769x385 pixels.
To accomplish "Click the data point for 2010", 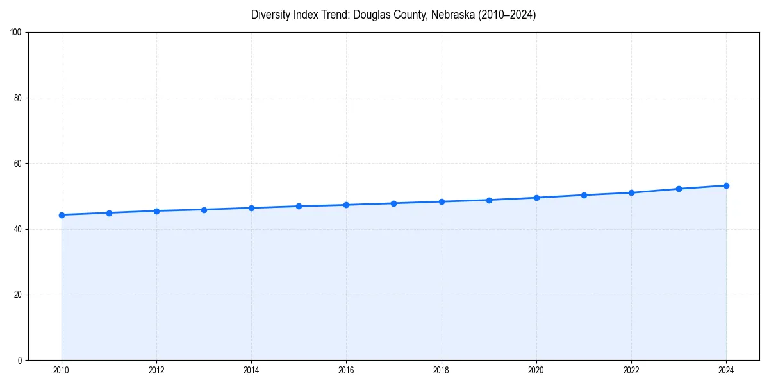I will click(62, 215).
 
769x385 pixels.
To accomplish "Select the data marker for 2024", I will click(726, 185).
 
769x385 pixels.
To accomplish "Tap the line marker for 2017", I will click(393, 203).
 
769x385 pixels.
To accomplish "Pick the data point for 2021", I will click(584, 195).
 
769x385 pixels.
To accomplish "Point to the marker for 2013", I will click(204, 210).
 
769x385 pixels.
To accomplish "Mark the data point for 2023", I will click(679, 189).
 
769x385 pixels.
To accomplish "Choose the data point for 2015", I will click(299, 206).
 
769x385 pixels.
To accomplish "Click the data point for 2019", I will click(489, 200).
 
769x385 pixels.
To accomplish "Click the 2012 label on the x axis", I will click(156, 370).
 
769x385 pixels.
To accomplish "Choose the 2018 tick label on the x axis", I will click(441, 370).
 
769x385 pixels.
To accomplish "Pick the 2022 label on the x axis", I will click(631, 370).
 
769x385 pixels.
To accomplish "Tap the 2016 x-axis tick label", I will click(346, 370).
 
